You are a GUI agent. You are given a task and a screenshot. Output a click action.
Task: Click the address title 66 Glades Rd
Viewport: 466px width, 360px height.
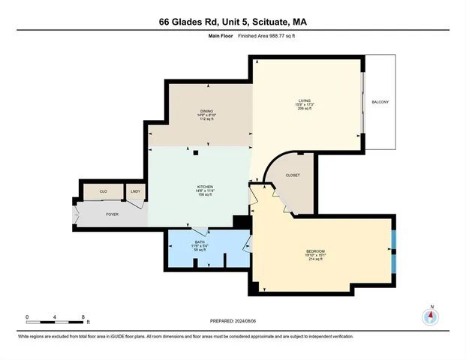[x=233, y=22]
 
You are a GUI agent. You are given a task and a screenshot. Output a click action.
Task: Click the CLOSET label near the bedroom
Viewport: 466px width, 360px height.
[x=293, y=175]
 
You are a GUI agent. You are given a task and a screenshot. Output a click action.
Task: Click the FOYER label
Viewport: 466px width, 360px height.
[x=112, y=214]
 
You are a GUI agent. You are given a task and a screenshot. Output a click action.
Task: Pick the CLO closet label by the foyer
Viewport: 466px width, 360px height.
[x=104, y=193]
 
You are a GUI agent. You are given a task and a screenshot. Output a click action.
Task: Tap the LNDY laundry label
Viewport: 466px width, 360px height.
[x=136, y=193]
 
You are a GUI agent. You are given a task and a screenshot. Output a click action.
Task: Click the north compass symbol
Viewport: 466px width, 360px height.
[x=431, y=315]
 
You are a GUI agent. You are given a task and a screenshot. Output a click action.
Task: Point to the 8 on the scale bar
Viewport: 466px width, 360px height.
[x=83, y=316]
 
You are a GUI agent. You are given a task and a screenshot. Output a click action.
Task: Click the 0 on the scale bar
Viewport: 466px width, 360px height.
[x=27, y=316]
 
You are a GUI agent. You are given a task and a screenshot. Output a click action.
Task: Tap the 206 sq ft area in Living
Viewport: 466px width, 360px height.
[x=304, y=108]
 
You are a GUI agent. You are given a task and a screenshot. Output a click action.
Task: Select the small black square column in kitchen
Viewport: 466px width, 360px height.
[x=196, y=153]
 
